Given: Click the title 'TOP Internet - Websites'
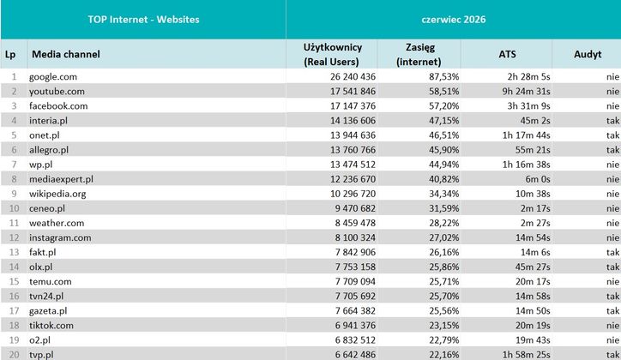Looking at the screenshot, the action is click(x=143, y=20).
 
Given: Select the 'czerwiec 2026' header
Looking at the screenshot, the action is click(x=454, y=20).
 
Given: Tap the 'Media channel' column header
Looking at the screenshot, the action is click(x=66, y=54).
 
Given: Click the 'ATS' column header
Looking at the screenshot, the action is click(x=507, y=54).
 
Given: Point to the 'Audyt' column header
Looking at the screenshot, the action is click(x=588, y=54).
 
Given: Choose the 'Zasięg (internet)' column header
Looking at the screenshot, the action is click(x=419, y=55).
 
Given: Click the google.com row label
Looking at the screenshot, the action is click(x=53, y=77).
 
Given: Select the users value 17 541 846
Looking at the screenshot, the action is click(x=353, y=92).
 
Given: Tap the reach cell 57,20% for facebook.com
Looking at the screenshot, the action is click(x=444, y=106).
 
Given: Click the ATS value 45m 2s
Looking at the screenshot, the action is click(x=535, y=121).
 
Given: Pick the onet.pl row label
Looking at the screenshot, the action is click(x=45, y=135).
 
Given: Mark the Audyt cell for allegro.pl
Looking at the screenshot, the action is click(x=612, y=150).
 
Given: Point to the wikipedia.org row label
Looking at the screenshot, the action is click(x=57, y=194).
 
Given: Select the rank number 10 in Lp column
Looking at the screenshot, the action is click(x=15, y=208).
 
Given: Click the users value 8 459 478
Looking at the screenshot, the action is click(x=355, y=223).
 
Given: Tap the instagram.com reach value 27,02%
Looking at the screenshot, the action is click(x=444, y=237).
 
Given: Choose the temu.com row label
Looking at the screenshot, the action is click(x=51, y=282).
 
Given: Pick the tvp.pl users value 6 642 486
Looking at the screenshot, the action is click(x=355, y=355).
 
